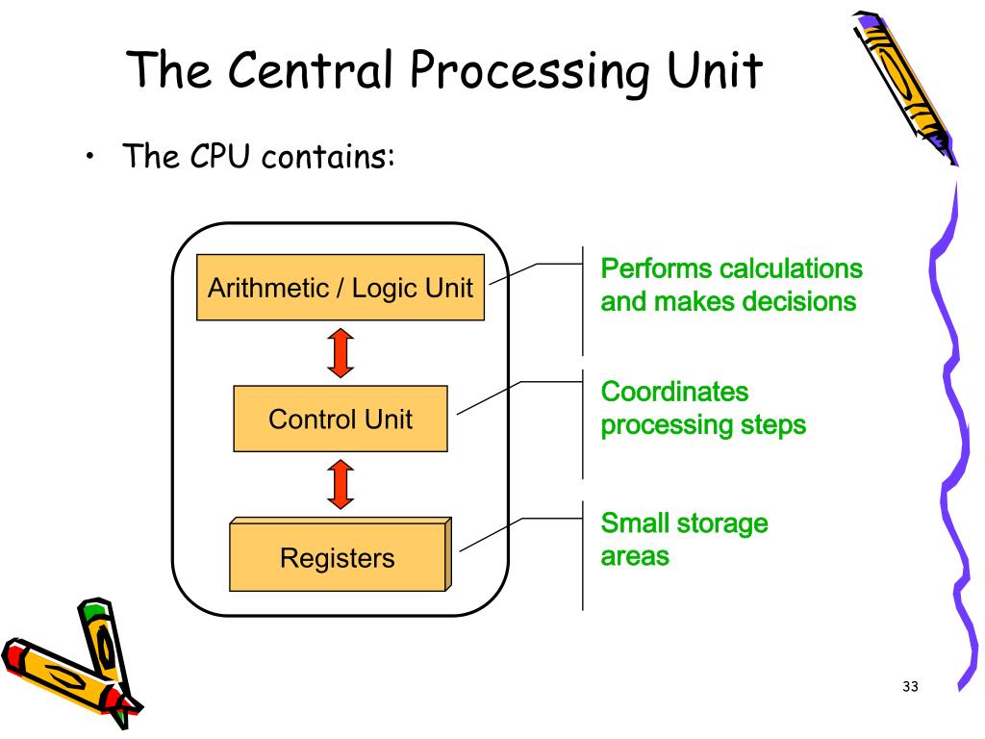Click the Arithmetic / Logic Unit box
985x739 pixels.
[341, 288]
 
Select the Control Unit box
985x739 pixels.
[341, 419]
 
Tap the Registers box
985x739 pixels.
[341, 554]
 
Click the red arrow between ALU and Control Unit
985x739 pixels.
[341, 352]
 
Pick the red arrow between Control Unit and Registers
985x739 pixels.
[341, 484]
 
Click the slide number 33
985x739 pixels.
[910, 686]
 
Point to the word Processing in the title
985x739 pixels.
[530, 71]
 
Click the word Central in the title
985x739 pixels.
[311, 68]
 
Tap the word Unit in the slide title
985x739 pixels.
[715, 69]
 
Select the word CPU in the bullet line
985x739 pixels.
[220, 156]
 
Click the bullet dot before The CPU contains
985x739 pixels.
[90, 156]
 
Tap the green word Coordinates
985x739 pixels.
[674, 392]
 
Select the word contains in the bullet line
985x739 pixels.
[328, 157]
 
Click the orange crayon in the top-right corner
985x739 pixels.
[904, 87]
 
